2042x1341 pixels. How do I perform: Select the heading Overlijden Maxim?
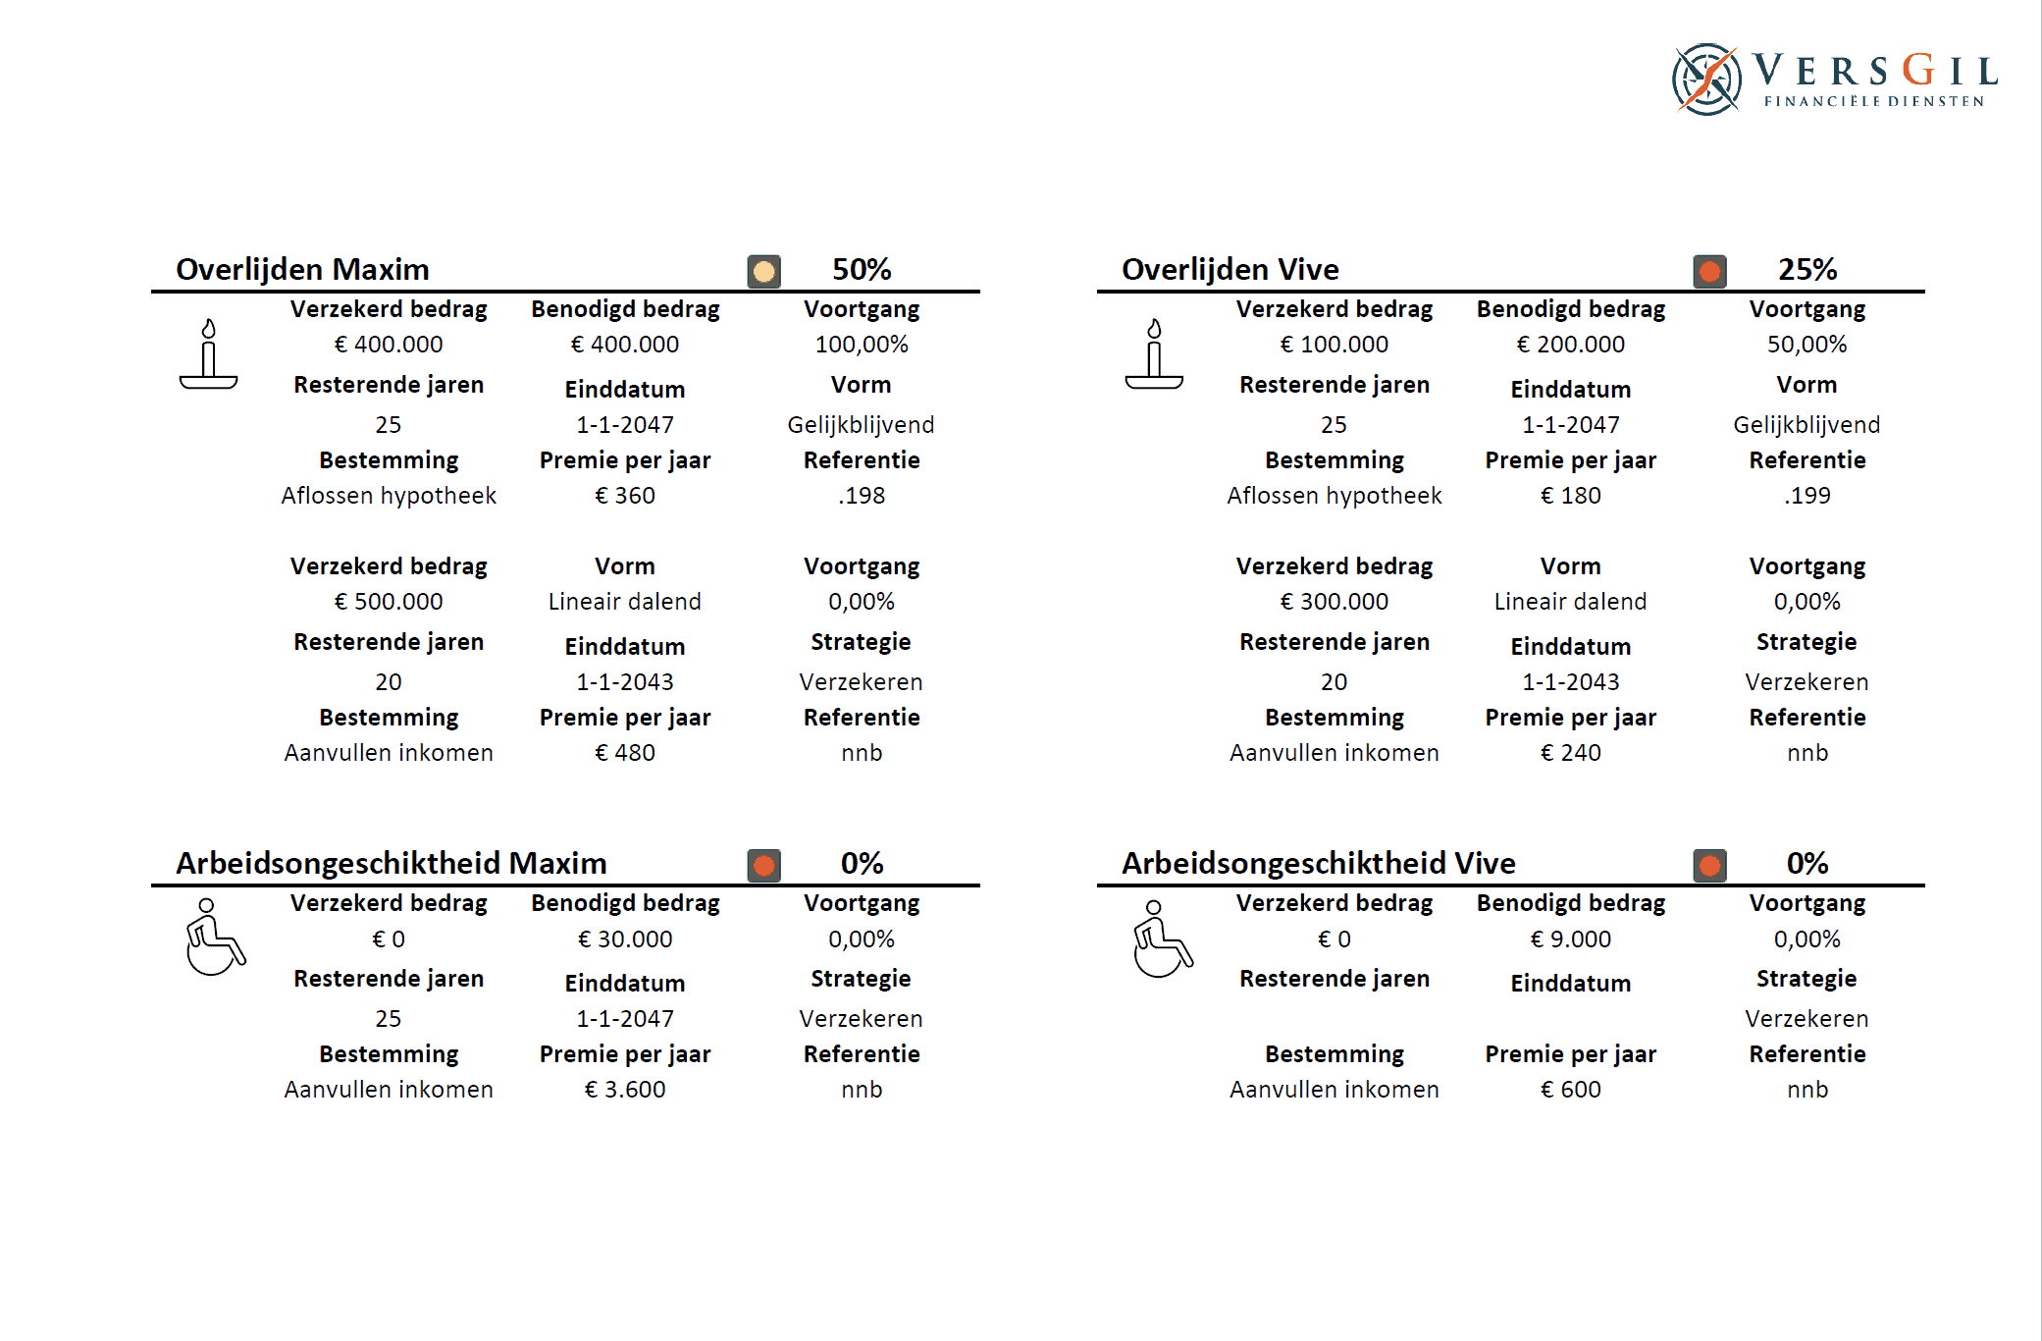(x=302, y=269)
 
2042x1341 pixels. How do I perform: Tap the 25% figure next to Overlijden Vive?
(x=1806, y=269)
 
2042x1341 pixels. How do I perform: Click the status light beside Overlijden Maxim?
(x=763, y=271)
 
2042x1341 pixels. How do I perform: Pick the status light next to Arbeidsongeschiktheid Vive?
(x=1709, y=865)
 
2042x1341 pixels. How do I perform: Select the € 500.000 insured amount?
(x=389, y=601)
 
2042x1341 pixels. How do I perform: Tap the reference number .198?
(x=862, y=496)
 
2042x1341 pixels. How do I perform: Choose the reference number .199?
(x=1806, y=496)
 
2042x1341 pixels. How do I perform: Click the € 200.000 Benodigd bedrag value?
(x=1570, y=345)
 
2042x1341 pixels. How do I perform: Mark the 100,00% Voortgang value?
(x=862, y=345)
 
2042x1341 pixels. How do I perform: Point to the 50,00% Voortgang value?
(x=1806, y=345)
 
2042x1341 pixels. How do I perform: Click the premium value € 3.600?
(x=625, y=1090)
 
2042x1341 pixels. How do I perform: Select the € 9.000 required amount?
(x=1570, y=939)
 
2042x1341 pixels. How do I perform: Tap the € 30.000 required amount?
(x=625, y=939)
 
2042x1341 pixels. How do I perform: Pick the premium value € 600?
(x=1570, y=1090)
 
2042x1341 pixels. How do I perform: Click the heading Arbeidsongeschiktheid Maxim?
(x=391, y=863)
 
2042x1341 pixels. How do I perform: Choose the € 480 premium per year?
(x=625, y=753)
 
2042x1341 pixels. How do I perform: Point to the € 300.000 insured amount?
(x=1334, y=601)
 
